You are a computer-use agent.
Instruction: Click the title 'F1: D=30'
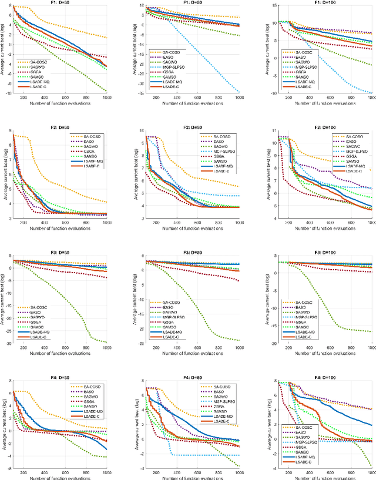click(x=62, y=3)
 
